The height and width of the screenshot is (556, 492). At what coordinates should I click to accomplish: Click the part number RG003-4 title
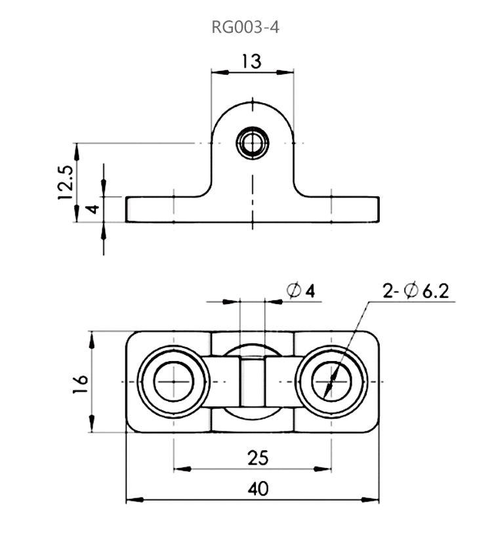click(x=245, y=28)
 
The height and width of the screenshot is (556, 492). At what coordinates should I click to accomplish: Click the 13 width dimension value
click(x=251, y=61)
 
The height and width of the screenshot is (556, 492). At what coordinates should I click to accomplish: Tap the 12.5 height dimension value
click(x=64, y=182)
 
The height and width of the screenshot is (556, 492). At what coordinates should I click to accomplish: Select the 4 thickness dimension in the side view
click(x=92, y=209)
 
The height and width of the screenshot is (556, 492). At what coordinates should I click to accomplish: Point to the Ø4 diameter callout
click(x=301, y=290)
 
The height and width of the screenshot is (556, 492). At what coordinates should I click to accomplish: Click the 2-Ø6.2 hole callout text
click(x=417, y=291)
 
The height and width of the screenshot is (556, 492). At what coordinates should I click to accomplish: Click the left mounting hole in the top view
click(x=173, y=381)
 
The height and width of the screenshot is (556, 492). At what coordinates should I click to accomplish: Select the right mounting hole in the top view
click(x=331, y=381)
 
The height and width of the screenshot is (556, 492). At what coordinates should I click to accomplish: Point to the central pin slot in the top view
click(x=252, y=381)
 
